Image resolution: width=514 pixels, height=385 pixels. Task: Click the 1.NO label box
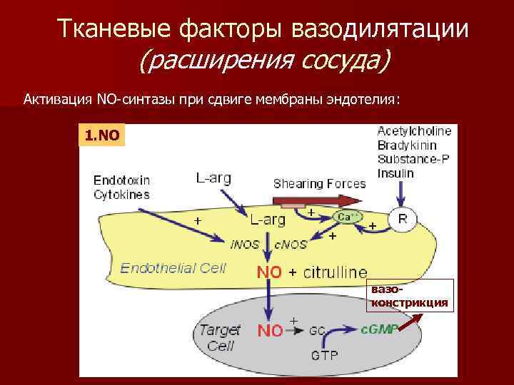pyautogui.click(x=101, y=134)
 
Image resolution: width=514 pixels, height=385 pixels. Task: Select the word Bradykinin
pyautogui.click(x=405, y=145)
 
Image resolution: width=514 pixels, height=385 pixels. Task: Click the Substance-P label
pyautogui.click(x=413, y=158)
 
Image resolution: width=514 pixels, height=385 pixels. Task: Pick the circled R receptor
pyautogui.click(x=403, y=220)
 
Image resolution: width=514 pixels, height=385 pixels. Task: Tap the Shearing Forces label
pyautogui.click(x=319, y=184)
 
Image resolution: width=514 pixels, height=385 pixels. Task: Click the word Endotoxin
pyautogui.click(x=121, y=180)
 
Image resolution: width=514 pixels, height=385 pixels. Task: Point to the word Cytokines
pyautogui.click(x=121, y=194)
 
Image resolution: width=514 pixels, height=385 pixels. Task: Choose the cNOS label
pyautogui.click(x=291, y=244)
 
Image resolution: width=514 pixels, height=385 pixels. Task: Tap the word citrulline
pyautogui.click(x=336, y=272)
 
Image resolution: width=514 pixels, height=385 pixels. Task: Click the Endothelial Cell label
pyautogui.click(x=173, y=268)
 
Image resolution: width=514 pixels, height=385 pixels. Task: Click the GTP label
pyautogui.click(x=325, y=355)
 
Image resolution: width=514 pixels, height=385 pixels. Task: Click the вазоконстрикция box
pyautogui.click(x=410, y=297)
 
